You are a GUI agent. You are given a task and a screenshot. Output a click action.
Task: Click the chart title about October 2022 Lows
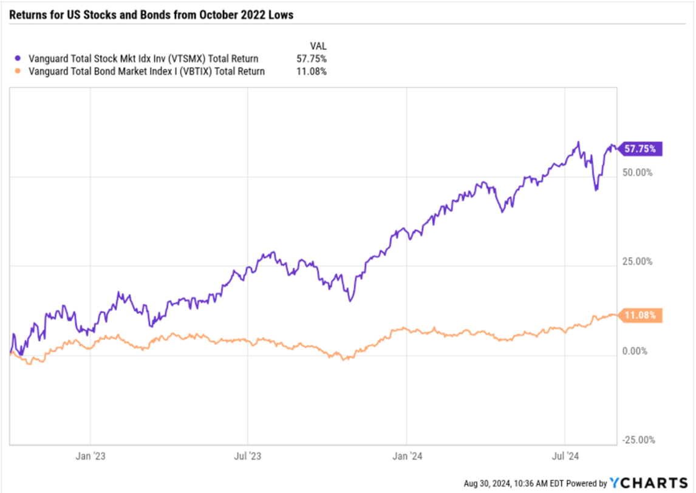[151, 15]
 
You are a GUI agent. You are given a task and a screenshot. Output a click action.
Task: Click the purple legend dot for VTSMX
[16, 59]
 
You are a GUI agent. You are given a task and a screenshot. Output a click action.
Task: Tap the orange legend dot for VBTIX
[16, 71]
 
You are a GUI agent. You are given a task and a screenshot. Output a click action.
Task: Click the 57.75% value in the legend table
[310, 59]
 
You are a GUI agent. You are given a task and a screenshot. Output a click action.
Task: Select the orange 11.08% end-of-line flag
[642, 315]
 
